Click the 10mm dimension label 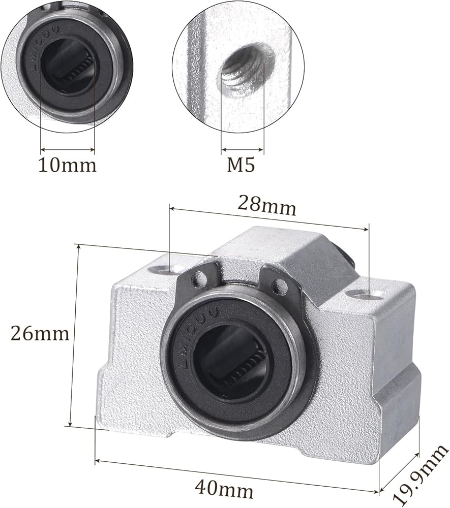pos(68,165)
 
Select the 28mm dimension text pos(267,205)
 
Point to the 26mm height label pos(40,333)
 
